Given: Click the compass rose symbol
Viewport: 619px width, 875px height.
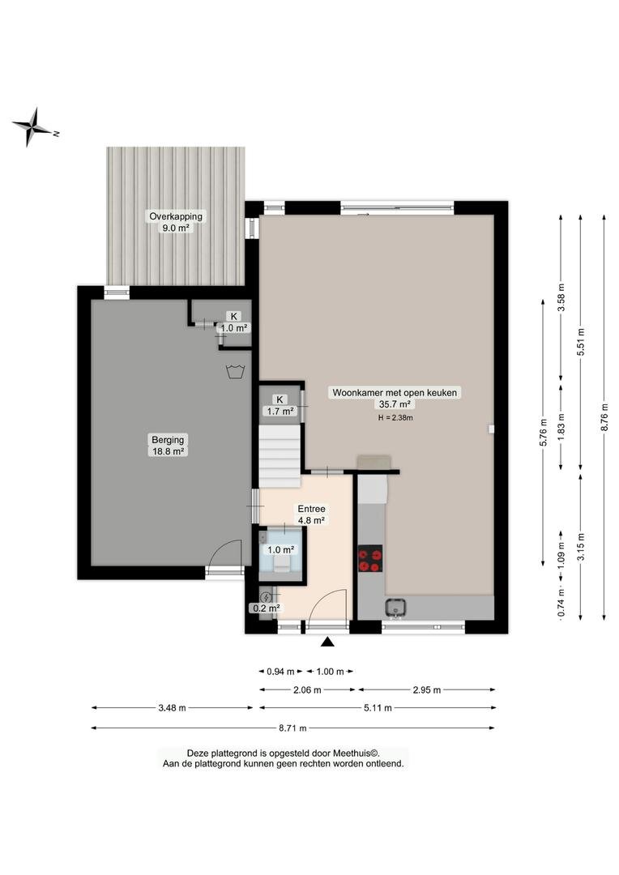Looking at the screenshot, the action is (x=33, y=127).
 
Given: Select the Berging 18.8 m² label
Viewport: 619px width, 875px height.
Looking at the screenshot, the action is (x=168, y=446).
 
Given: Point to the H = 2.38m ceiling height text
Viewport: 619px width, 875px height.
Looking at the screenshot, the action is (x=395, y=417).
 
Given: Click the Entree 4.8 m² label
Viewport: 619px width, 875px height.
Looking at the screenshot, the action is (x=311, y=514).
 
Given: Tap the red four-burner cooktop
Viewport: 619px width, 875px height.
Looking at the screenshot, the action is (x=370, y=558).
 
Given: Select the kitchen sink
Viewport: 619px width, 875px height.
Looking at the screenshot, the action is (x=395, y=607).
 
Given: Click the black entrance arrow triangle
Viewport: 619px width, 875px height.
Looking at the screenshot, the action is (x=327, y=642).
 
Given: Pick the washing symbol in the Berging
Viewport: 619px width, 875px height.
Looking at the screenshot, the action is (x=234, y=371).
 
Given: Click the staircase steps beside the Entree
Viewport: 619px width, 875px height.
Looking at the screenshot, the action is (x=280, y=450).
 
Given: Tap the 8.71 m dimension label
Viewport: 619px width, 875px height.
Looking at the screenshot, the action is (x=293, y=728).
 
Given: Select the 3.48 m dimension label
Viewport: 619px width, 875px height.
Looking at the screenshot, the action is (x=172, y=707).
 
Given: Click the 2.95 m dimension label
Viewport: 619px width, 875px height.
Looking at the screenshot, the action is (x=427, y=689).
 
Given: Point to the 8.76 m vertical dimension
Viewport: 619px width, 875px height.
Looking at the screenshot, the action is (x=604, y=417).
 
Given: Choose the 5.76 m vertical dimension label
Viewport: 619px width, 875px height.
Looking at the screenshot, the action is (x=543, y=433).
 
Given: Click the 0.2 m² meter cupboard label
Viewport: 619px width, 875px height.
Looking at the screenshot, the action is (x=267, y=608).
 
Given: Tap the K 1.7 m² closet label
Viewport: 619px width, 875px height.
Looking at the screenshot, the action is (x=280, y=406).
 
